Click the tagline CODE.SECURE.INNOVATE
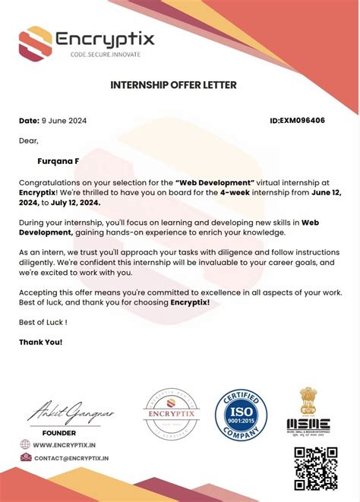106,55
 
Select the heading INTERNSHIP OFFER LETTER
174,84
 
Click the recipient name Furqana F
58,161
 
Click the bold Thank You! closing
40,342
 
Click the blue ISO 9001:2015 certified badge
241,415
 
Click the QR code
315,467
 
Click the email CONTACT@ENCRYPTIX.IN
71,459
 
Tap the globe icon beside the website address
25,445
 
